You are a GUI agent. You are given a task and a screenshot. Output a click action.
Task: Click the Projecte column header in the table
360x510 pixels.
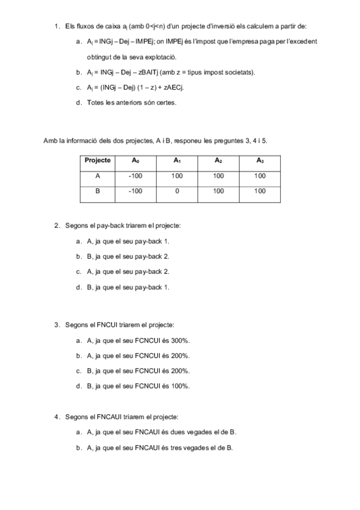[x=97, y=161]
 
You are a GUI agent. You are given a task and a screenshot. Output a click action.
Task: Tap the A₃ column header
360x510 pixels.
[x=260, y=161]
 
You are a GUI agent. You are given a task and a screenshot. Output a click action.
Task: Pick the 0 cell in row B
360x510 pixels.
[x=177, y=191]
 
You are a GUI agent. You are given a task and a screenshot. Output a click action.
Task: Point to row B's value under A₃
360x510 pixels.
[x=260, y=191]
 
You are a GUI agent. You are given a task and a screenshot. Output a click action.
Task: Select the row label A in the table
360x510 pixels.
[x=97, y=176]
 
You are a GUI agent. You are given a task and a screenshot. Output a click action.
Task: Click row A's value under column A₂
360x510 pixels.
[x=218, y=176]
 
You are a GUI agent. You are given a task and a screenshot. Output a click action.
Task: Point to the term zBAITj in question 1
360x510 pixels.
[x=153, y=72]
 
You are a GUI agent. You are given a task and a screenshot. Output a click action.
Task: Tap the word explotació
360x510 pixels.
[x=161, y=57]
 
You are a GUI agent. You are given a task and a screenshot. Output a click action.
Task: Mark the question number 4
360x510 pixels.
[x=56, y=417]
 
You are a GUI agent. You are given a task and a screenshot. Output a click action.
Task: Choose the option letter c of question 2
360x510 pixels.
[x=79, y=271]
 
